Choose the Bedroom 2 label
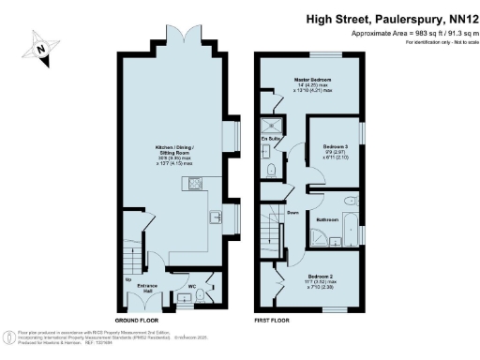(318, 277)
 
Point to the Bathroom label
(327, 219)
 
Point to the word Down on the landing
(292, 212)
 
